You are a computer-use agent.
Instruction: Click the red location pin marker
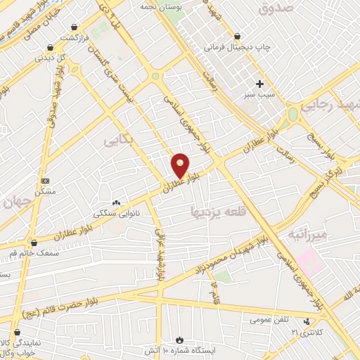(x=181, y=166)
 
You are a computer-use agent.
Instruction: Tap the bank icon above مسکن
(x=46, y=180)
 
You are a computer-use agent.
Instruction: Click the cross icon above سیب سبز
(x=260, y=84)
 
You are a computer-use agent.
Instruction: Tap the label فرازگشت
(x=79, y=37)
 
